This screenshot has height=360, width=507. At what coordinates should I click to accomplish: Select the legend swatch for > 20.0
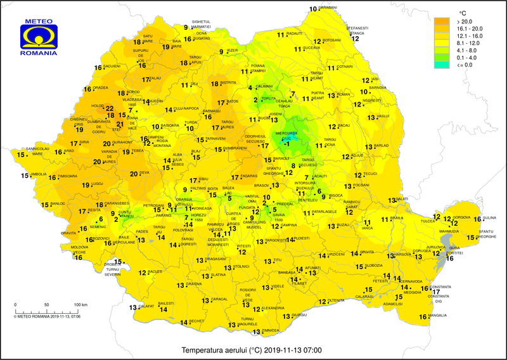[441, 21]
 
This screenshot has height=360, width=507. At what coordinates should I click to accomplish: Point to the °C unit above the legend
[463, 11]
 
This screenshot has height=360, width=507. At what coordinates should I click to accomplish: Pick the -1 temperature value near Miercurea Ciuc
[288, 145]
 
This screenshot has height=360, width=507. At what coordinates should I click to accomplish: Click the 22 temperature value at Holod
[110, 109]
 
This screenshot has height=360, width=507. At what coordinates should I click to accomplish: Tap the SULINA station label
[491, 217]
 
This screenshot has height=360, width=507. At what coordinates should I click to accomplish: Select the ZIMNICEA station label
[271, 330]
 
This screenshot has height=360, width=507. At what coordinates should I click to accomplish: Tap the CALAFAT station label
[146, 306]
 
